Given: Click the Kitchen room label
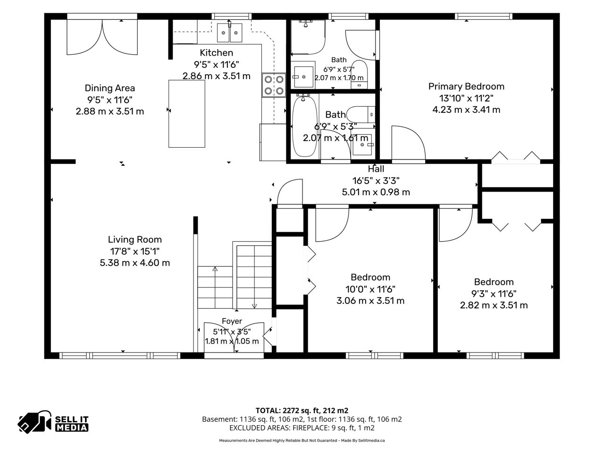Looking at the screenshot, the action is coord(216,52).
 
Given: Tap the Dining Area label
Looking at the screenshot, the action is coord(110,88).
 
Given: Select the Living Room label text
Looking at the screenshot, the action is coord(135,240).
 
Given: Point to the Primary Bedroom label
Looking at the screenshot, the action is coord(466,87).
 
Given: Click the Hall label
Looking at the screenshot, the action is coord(376,168).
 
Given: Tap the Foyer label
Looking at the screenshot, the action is coord(232,321).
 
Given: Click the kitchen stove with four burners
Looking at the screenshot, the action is coord(274,85).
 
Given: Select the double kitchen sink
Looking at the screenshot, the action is coord(229,33).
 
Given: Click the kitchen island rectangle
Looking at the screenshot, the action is coord(186,114).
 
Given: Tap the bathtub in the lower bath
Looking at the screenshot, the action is coord(304,126).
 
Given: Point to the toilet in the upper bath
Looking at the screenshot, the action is coord(359,74).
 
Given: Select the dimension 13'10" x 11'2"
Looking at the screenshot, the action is coord(466,98).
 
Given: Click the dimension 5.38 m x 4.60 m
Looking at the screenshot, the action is coord(135,263).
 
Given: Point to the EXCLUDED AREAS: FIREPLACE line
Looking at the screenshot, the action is coord(302,428).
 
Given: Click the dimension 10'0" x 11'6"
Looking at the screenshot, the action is coord(370,289).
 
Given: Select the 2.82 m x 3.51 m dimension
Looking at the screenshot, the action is coord(494,305).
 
